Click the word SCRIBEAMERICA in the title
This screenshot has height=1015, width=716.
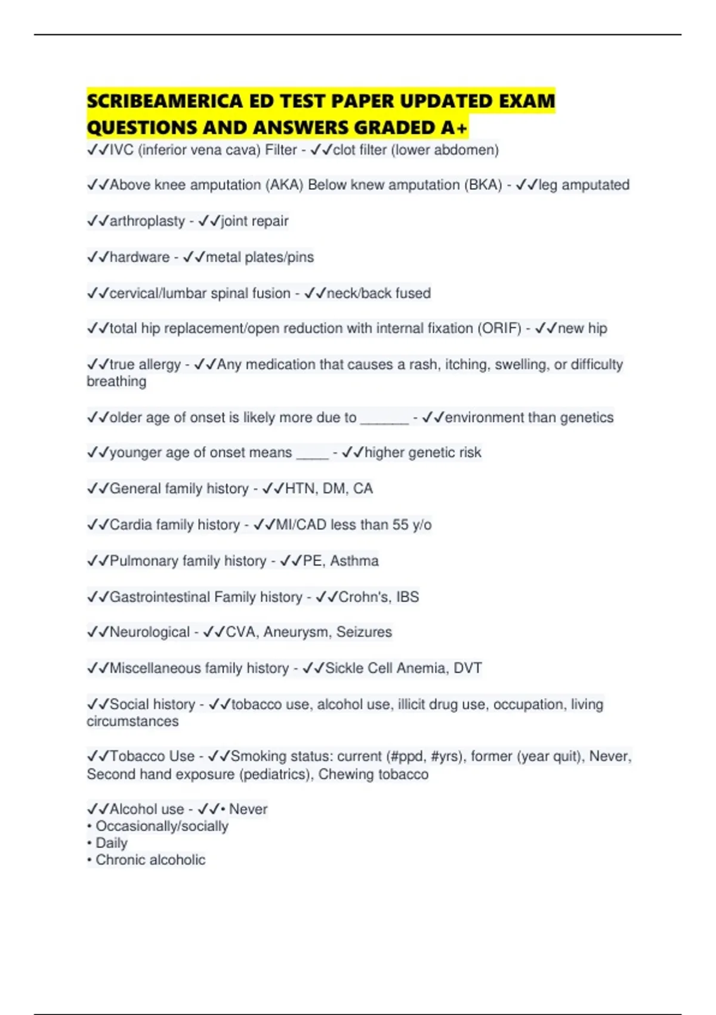point(164,101)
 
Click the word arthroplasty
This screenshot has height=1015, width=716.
point(147,221)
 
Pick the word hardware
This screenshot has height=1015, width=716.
point(140,257)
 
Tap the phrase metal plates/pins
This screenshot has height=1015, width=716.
point(260,257)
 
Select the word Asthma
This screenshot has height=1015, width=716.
point(354,561)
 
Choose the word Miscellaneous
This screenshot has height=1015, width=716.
point(155,668)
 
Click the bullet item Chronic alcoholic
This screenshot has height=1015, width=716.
point(150,860)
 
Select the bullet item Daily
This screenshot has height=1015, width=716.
point(112,843)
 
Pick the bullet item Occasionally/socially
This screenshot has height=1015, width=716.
point(162,826)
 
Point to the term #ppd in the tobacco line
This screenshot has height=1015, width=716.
point(406,756)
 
